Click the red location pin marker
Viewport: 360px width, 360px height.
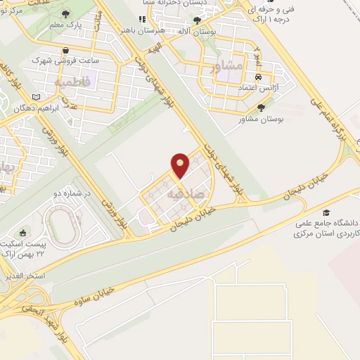click(x=180, y=164)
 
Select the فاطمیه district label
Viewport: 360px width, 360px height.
click(x=72, y=82)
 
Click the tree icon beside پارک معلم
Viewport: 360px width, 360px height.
click(x=66, y=15)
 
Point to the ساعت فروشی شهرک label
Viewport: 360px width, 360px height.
click(x=65, y=61)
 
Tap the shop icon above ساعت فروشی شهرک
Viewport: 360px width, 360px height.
click(x=65, y=50)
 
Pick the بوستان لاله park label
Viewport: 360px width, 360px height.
click(x=194, y=32)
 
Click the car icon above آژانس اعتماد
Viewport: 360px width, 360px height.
click(x=259, y=76)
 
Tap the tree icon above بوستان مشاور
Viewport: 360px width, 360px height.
click(x=262, y=108)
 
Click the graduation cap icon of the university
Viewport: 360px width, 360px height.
click(x=325, y=212)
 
